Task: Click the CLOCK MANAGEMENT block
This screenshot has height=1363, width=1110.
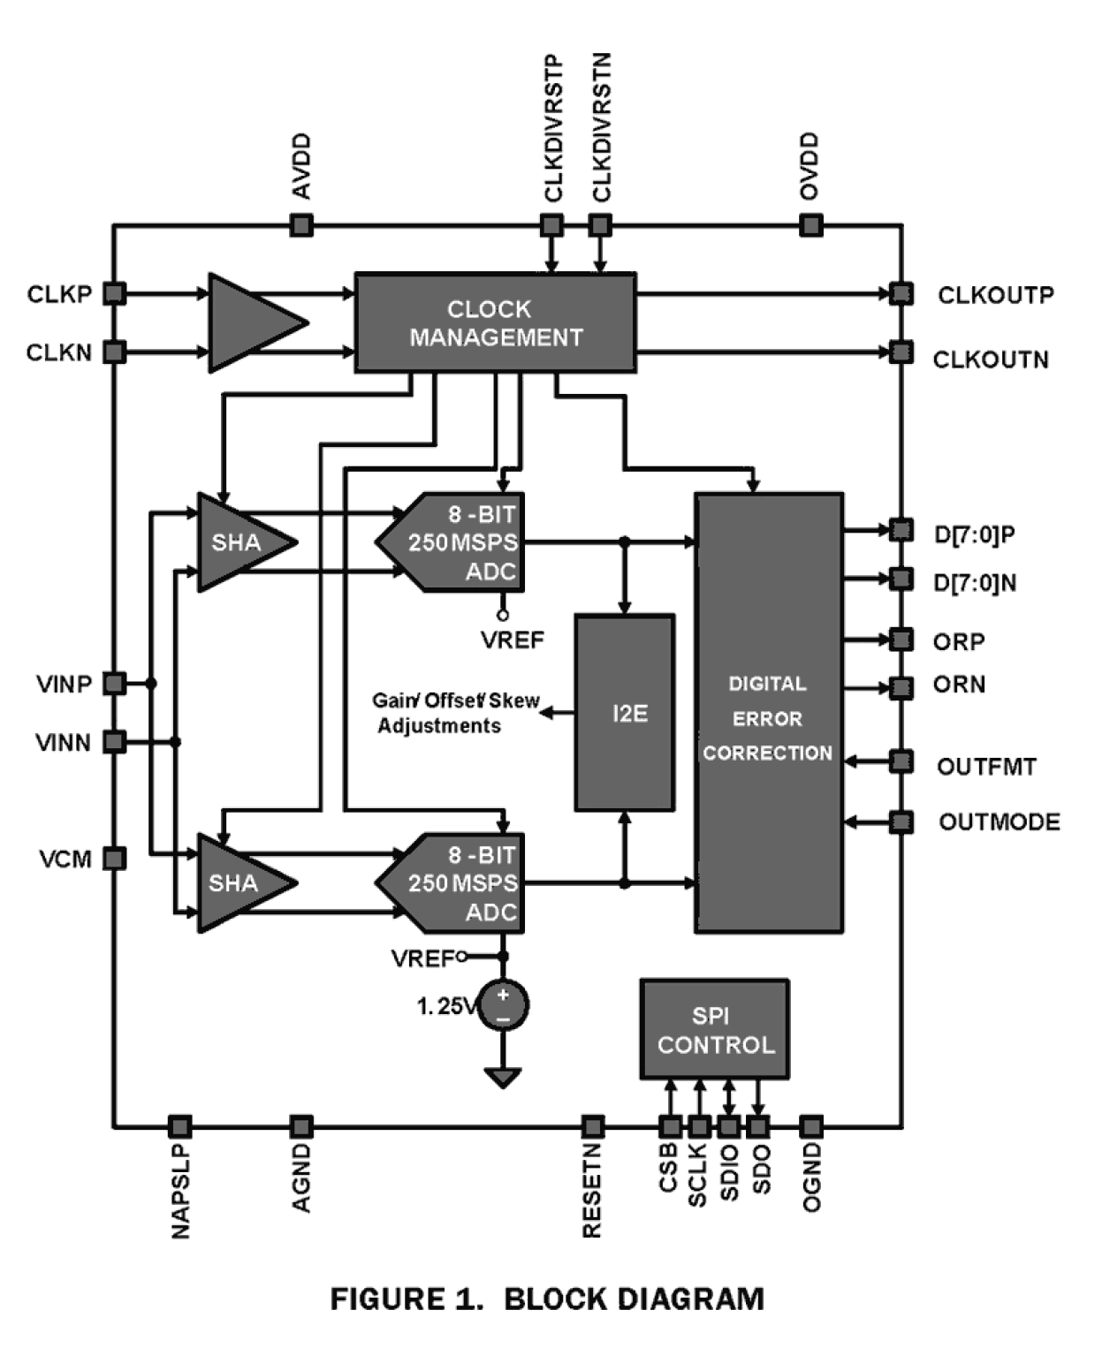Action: [495, 322]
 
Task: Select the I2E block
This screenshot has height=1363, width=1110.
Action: [625, 713]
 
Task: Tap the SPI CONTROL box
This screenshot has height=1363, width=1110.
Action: [714, 1029]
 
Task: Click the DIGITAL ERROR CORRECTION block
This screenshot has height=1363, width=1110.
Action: [768, 713]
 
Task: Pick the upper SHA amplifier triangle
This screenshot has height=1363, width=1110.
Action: [239, 541]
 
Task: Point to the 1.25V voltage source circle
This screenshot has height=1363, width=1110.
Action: [503, 1005]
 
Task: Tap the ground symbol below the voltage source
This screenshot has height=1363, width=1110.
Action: [503, 1077]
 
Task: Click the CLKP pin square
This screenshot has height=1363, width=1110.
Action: [115, 293]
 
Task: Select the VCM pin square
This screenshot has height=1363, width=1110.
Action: [115, 858]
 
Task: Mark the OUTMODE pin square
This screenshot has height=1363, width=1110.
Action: [901, 822]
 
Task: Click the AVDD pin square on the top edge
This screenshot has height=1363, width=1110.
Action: [301, 225]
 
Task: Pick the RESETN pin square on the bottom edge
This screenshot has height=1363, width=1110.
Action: [593, 1126]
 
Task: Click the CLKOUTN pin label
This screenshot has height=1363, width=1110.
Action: [991, 360]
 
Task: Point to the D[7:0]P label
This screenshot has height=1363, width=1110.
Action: [975, 534]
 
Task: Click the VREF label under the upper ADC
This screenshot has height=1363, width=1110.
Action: [513, 640]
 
